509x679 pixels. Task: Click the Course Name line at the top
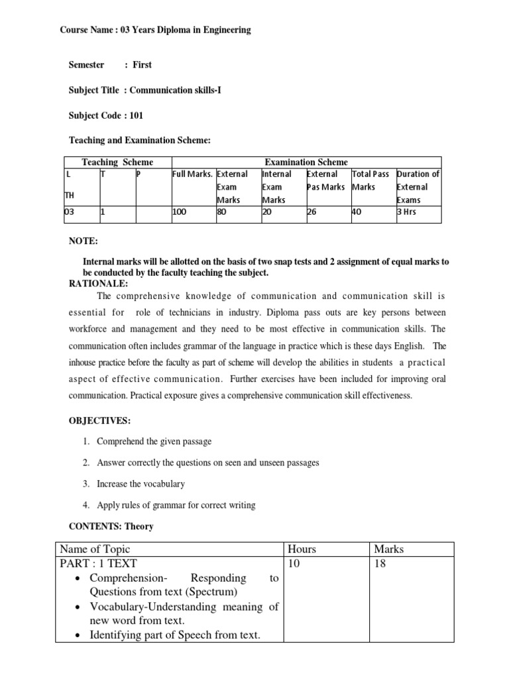(x=156, y=30)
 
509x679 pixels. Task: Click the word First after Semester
(x=142, y=64)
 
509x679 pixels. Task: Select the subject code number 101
(x=135, y=115)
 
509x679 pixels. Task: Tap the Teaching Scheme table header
(x=117, y=162)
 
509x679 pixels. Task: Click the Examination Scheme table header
(x=306, y=162)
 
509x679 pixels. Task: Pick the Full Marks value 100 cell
(x=181, y=213)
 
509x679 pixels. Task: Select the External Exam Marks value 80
(x=222, y=213)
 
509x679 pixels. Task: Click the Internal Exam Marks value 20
(x=268, y=213)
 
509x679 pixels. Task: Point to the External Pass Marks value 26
(x=312, y=213)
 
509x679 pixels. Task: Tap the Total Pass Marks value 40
(x=357, y=213)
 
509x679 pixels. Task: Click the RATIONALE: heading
(x=100, y=283)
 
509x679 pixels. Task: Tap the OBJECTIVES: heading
(x=100, y=421)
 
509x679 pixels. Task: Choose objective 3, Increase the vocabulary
(x=141, y=484)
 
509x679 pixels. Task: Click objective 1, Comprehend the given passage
(x=154, y=441)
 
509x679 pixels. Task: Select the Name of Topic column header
(x=95, y=549)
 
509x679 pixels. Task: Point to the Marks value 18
(x=382, y=564)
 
